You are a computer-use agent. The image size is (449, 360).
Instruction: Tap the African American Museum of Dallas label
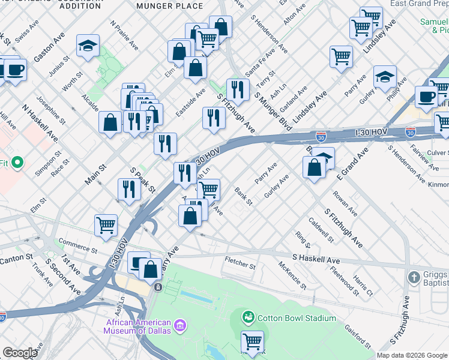click(139, 326)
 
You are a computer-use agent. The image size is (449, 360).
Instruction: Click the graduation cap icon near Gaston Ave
click(88, 46)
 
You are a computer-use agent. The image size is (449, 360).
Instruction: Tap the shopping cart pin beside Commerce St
click(106, 225)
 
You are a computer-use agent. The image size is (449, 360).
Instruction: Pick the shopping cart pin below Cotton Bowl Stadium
click(253, 341)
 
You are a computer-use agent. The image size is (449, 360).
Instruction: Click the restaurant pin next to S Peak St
click(128, 190)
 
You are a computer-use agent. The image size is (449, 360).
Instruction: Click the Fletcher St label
click(240, 262)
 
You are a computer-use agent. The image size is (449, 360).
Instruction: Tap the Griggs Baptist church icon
click(414, 277)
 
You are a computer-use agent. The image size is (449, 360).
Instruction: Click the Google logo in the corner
click(19, 353)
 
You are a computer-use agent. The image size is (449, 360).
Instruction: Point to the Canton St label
click(17, 257)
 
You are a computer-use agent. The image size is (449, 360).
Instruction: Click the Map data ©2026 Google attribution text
click(412, 355)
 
